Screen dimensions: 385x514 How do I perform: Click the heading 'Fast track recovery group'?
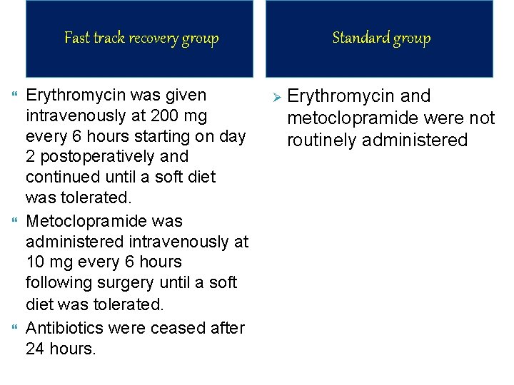tap(141, 38)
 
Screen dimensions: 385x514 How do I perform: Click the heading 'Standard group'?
tap(381, 38)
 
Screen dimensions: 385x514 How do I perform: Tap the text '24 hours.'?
tap(60, 349)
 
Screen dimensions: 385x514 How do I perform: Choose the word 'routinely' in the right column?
tap(322, 140)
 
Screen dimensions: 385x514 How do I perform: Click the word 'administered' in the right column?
tap(415, 140)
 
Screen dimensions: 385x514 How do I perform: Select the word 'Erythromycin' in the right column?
tap(339, 96)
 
